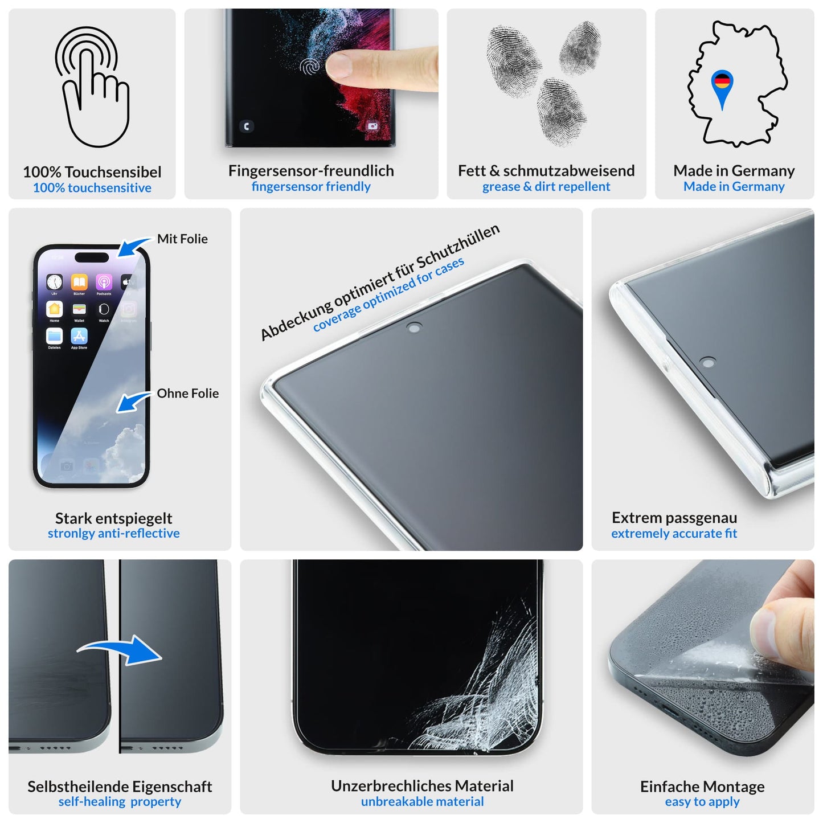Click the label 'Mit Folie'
(x=182, y=239)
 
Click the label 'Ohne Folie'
(x=187, y=393)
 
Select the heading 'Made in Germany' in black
(x=734, y=170)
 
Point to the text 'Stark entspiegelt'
(x=113, y=518)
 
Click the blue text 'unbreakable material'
(x=422, y=801)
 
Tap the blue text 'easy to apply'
(x=702, y=801)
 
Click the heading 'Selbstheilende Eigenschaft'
(x=120, y=786)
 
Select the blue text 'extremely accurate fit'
(x=674, y=533)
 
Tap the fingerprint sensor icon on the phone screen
(x=310, y=67)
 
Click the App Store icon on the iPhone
(x=79, y=336)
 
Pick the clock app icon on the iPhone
(x=55, y=282)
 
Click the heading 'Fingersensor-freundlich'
(x=311, y=170)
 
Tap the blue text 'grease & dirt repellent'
(x=546, y=186)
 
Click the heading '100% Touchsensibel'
(x=92, y=171)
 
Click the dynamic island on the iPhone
(x=92, y=257)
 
